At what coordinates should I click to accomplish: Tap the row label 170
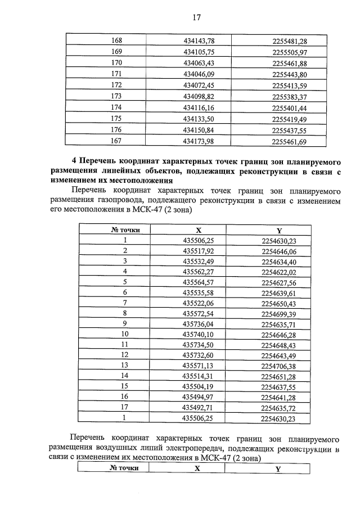point(117,63)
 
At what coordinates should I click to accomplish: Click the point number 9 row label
point(125,323)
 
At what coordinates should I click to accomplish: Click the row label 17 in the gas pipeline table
point(125,407)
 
